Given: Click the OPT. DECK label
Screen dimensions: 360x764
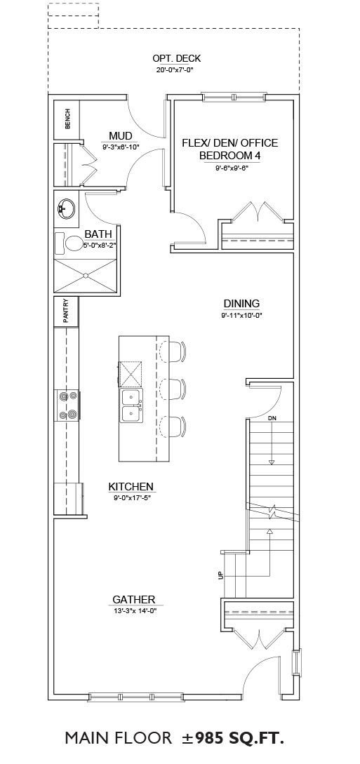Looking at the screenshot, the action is pos(176,58).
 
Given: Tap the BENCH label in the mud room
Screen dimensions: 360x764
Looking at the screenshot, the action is pos(67,119).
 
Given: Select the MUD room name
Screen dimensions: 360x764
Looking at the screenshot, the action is pos(121,135).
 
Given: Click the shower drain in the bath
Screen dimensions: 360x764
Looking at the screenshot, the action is pos(86,275).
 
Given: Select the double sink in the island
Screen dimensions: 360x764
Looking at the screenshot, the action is pos(131,406).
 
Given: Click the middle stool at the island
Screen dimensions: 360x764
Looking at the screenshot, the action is pos(173,389).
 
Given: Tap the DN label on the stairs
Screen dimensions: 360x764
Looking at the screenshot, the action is pos(272,419).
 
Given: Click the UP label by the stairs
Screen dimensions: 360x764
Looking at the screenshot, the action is pos(220,575).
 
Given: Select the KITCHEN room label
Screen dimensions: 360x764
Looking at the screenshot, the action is pos(131,486).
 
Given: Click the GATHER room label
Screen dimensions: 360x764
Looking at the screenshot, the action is pos(134,599).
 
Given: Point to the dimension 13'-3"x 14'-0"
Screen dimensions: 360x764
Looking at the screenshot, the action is pos(135,610).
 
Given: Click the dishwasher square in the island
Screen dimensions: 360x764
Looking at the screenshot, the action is pos(131,374).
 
